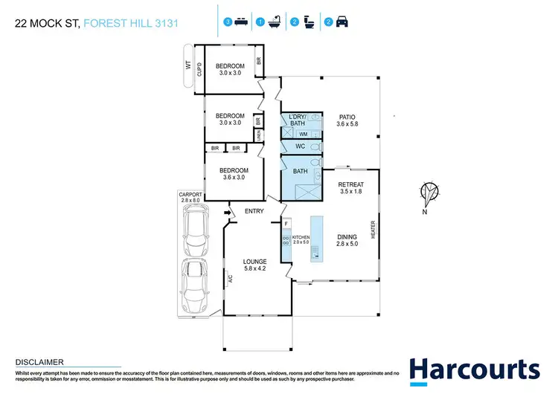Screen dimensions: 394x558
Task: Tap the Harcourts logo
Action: click(x=474, y=369)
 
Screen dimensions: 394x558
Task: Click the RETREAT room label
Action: click(x=350, y=188)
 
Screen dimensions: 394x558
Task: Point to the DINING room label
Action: click(x=347, y=239)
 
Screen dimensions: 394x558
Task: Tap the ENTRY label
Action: click(x=255, y=211)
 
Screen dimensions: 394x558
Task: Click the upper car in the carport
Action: click(x=195, y=228)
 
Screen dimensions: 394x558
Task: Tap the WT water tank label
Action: click(x=188, y=65)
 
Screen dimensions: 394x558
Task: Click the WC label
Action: click(x=301, y=146)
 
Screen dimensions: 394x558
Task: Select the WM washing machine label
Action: click(x=303, y=134)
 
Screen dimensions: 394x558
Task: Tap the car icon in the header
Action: click(x=341, y=22)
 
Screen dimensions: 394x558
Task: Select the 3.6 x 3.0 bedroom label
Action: click(x=234, y=173)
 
